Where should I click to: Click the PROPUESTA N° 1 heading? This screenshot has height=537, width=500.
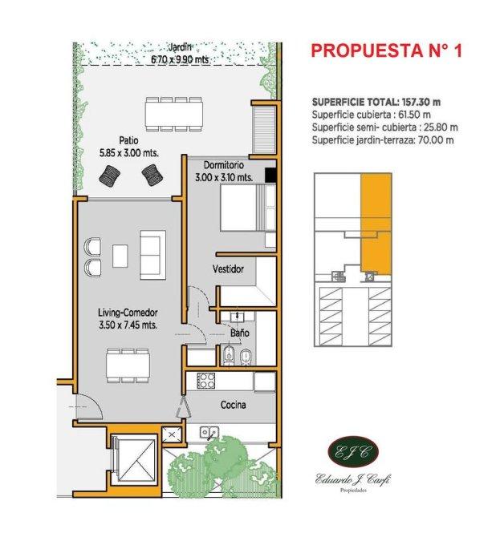pyautogui.click(x=387, y=51)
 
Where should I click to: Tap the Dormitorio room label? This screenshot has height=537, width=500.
pyautogui.click(x=224, y=165)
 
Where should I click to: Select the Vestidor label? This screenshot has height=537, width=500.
pyautogui.click(x=228, y=268)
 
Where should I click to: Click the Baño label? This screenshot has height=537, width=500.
pyautogui.click(x=240, y=333)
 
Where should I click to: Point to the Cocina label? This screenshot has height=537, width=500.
pyautogui.click(x=233, y=405)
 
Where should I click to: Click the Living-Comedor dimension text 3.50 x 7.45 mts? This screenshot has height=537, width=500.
pyautogui.click(x=128, y=325)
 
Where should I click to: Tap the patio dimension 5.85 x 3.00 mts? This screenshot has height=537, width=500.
pyautogui.click(x=129, y=153)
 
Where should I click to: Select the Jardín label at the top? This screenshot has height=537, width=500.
pyautogui.click(x=180, y=47)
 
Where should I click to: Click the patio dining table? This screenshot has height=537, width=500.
pyautogui.click(x=173, y=114)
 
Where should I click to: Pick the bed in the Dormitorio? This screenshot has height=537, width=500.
pyautogui.click(x=248, y=208)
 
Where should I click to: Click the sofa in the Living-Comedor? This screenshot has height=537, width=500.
pyautogui.click(x=152, y=255)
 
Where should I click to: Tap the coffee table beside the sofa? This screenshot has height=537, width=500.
pyautogui.click(x=120, y=256)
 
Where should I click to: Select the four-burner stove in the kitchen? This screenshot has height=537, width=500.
pyautogui.click(x=205, y=381)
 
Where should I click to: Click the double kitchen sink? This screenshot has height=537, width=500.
pyautogui.click(x=209, y=432)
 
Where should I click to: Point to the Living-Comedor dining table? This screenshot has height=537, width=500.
pyautogui.click(x=128, y=365)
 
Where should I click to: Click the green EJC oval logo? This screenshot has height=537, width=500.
pyautogui.click(x=353, y=453)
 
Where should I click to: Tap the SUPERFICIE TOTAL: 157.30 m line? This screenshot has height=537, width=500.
pyautogui.click(x=376, y=102)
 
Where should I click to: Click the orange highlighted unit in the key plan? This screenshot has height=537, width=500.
pyautogui.click(x=376, y=224)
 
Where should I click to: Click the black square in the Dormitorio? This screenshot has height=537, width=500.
pyautogui.click(x=270, y=175)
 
